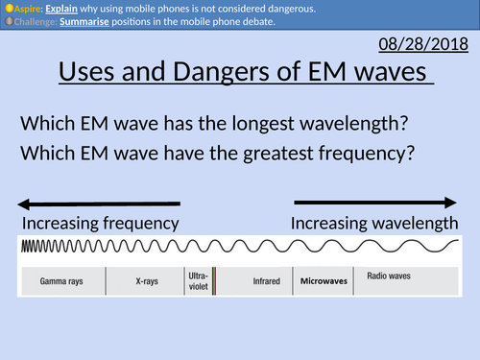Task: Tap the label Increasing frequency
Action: [101, 224]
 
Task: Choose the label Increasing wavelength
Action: [374, 224]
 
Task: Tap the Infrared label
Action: [253, 282]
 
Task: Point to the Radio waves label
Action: [389, 276]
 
